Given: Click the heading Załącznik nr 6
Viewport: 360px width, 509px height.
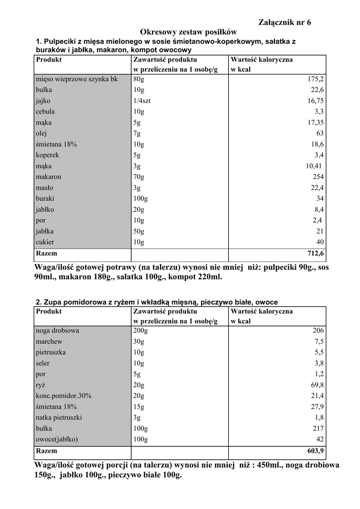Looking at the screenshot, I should pyautogui.click(x=285, y=22).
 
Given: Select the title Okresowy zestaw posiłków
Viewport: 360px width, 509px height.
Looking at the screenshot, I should pyautogui.click(x=180, y=32).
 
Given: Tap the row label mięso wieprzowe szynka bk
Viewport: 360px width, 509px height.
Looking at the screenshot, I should pyautogui.click(x=77, y=79).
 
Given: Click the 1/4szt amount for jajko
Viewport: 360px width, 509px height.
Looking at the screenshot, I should pyautogui.click(x=142, y=100).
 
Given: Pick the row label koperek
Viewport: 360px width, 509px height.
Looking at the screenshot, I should pyautogui.click(x=47, y=155).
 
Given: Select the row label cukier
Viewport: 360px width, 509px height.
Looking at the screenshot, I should pyautogui.click(x=45, y=242).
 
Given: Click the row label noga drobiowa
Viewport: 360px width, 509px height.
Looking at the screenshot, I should pyautogui.click(x=57, y=330).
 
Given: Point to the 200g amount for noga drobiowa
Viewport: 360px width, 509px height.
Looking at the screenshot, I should pyautogui.click(x=140, y=330).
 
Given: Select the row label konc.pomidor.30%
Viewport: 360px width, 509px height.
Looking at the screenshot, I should pyautogui.click(x=64, y=396).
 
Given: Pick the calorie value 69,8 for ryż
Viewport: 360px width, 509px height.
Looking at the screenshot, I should pyautogui.click(x=317, y=385).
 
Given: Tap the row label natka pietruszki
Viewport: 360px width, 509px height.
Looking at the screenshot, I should pyautogui.click(x=59, y=418).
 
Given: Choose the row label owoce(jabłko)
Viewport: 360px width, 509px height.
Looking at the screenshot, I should pyautogui.click(x=57, y=439).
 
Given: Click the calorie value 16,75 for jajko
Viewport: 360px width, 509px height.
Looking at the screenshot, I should pyautogui.click(x=314, y=100).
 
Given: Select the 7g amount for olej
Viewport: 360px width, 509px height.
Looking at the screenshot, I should pyautogui.click(x=137, y=133).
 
